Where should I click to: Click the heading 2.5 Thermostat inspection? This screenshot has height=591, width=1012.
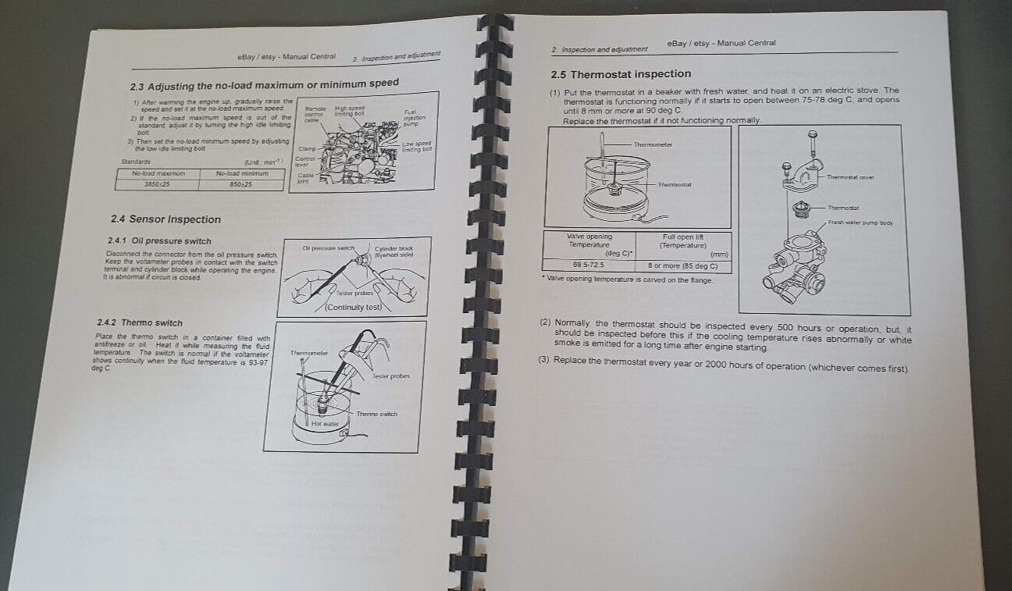[x=621, y=74]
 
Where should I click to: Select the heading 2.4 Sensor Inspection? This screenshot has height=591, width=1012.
[x=166, y=219]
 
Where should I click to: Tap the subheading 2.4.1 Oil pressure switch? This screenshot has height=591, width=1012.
[x=159, y=241]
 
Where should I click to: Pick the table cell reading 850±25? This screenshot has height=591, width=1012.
[x=241, y=185]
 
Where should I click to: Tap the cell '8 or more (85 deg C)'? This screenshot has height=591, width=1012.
[x=683, y=266]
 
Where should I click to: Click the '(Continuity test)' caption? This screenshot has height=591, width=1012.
[x=353, y=308]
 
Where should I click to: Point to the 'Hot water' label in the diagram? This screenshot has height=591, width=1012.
[x=324, y=424]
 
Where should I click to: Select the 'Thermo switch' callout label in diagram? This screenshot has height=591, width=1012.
[x=376, y=414]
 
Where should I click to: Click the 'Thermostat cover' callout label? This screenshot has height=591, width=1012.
[x=850, y=177]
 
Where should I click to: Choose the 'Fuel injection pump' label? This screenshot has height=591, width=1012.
[x=414, y=118]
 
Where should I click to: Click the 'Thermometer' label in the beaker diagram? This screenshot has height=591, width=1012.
[x=653, y=144]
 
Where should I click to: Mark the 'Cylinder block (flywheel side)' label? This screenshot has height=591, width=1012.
[x=394, y=251]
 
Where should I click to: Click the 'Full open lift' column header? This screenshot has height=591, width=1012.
[x=683, y=241]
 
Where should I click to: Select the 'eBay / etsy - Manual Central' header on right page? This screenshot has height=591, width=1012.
[x=722, y=43]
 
